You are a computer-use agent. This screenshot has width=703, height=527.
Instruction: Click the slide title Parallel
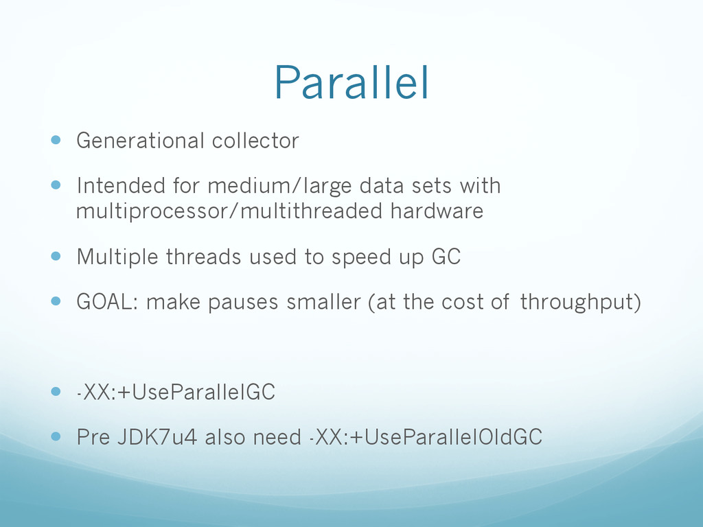click(x=351, y=82)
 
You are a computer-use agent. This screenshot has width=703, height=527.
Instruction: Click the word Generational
click(x=140, y=141)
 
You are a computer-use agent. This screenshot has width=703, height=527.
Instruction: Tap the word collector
click(x=255, y=141)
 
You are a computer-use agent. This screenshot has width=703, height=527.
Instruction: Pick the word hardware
click(x=437, y=211)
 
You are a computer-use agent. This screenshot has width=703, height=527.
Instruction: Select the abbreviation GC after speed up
click(x=446, y=257)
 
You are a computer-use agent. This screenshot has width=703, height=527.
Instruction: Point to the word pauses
click(x=243, y=303)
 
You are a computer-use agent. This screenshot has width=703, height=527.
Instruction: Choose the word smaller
click(x=323, y=302)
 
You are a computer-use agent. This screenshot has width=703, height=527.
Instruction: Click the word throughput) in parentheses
click(x=581, y=303)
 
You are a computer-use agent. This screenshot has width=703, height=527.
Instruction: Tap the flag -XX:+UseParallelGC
click(x=176, y=392)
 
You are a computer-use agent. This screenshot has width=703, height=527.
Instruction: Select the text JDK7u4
click(x=157, y=437)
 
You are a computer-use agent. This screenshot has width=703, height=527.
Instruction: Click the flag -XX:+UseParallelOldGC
click(x=426, y=437)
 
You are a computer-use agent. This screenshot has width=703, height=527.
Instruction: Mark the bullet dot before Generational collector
click(x=56, y=140)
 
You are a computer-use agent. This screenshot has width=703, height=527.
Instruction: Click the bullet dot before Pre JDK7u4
click(x=56, y=436)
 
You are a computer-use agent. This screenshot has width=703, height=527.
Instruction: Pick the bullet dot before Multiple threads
click(x=56, y=257)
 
